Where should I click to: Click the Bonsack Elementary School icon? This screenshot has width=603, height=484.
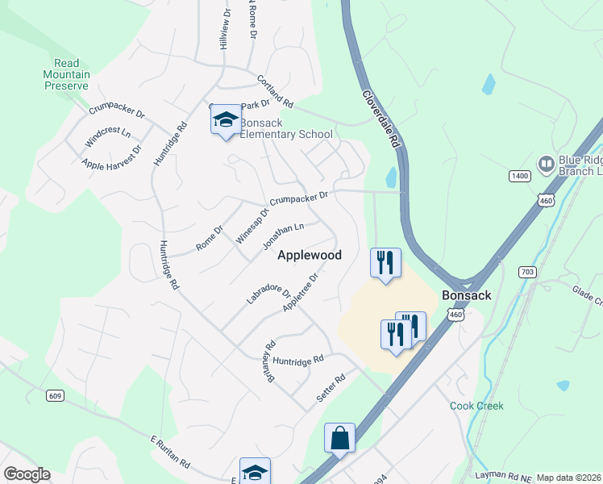tap(226, 121)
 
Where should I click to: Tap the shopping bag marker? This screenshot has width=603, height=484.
tap(339, 438)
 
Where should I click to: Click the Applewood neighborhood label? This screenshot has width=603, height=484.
tap(310, 255)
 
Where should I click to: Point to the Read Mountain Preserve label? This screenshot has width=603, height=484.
tap(67, 74)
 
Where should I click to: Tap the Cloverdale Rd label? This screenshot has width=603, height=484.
tap(381, 118)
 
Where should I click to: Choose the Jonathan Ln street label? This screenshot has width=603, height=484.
tap(283, 236)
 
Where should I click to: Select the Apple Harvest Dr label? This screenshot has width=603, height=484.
tap(112, 159)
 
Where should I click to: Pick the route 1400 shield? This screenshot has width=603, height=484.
tap(519, 175)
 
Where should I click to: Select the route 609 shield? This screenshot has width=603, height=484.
tap(55, 394)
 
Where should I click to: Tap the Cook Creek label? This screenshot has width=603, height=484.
tap(476, 406)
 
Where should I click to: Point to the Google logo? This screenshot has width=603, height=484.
tap(27, 474)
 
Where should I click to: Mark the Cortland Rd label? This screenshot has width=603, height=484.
tap(275, 93)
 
